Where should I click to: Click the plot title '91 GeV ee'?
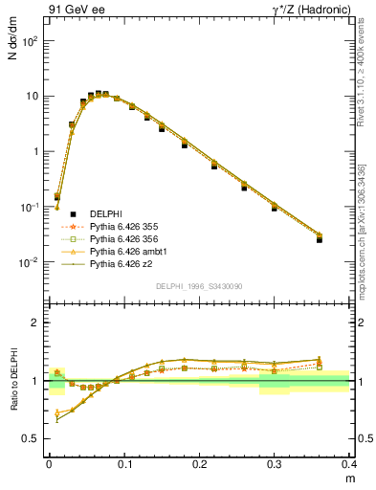pyautogui.click(x=74, y=11)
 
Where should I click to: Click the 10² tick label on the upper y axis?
pyautogui.click(x=31, y=41)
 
